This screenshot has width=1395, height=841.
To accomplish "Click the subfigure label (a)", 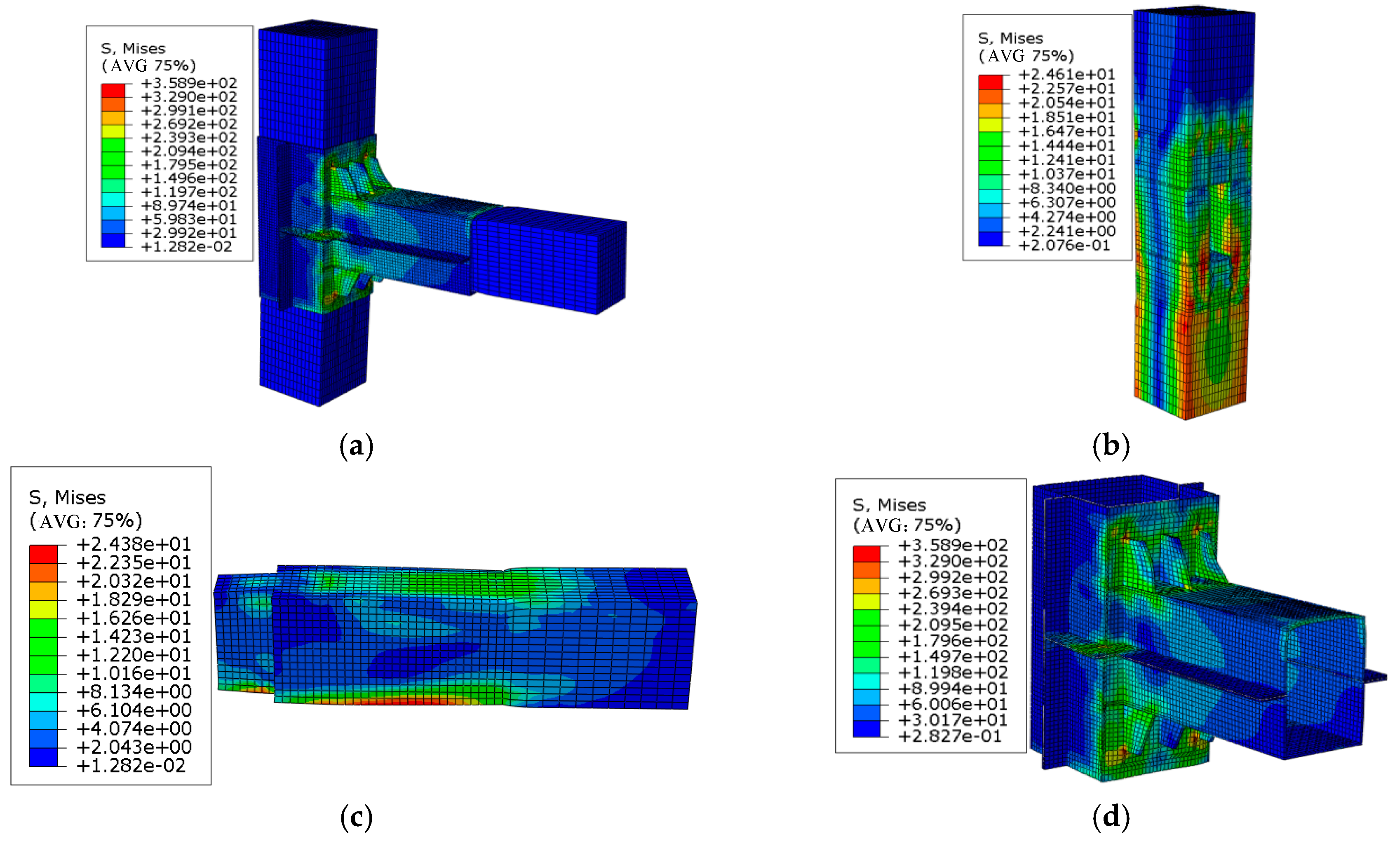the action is pos(356,446).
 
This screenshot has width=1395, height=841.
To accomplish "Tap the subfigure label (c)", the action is pos(356,817).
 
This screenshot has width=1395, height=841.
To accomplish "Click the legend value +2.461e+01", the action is pos(1066,74).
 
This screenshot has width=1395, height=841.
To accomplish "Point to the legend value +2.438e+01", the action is pos(134,544).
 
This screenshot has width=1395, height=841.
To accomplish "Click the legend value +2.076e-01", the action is pos(1064,245).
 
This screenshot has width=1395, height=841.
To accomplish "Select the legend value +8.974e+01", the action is pos(188,206).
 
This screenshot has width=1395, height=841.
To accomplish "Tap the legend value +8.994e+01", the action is pos(953,688).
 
